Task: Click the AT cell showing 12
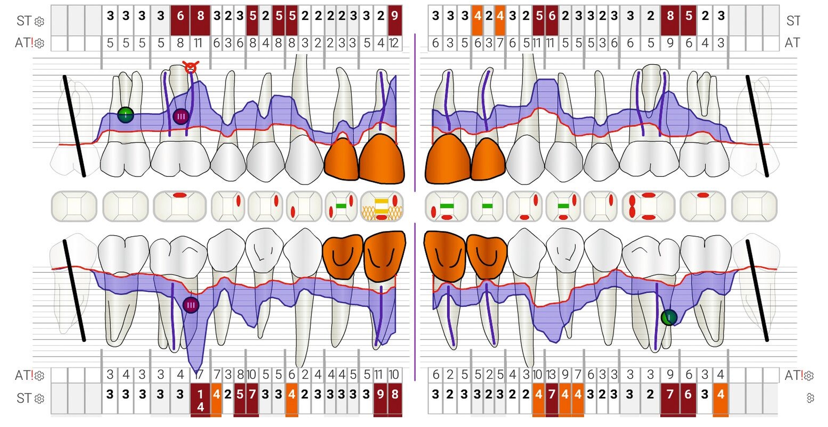pos(394,43)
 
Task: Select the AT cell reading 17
pos(200,374)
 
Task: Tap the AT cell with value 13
pos(551,374)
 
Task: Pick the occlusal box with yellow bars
pos(382,206)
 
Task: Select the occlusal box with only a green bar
pos(487,206)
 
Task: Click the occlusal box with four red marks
pos(648,206)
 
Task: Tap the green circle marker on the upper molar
pos(126,115)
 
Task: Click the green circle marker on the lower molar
pos(669,317)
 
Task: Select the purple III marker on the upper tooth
pos(181,116)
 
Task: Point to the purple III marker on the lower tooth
pos(191,305)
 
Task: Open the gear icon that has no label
pos(810,397)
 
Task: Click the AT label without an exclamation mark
pos(792,43)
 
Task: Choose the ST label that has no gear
pos(793,20)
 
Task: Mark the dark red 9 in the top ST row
pos(394,16)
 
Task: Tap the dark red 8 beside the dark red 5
pos(670,16)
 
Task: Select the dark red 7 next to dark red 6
pos(670,394)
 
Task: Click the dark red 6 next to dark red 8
pos(180,16)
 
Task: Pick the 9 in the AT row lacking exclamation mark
pos(670,43)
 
